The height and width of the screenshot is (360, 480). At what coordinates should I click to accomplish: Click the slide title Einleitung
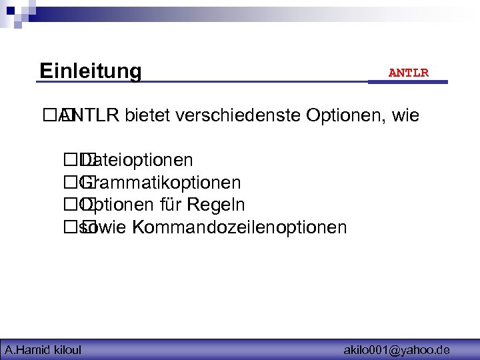(90, 71)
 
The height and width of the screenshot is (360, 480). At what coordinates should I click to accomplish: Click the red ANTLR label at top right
(408, 73)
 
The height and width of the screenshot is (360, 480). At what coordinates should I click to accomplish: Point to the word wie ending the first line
(406, 116)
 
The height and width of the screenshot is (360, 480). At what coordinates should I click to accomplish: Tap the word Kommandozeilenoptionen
(239, 227)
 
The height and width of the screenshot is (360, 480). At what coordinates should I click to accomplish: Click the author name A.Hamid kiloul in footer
(43, 349)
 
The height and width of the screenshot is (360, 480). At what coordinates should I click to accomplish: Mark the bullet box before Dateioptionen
(71, 161)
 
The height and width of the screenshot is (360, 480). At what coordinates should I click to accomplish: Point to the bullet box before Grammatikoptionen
(71, 183)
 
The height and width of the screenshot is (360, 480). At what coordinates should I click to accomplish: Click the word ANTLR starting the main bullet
(93, 116)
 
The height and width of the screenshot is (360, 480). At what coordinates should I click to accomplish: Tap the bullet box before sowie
(71, 227)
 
